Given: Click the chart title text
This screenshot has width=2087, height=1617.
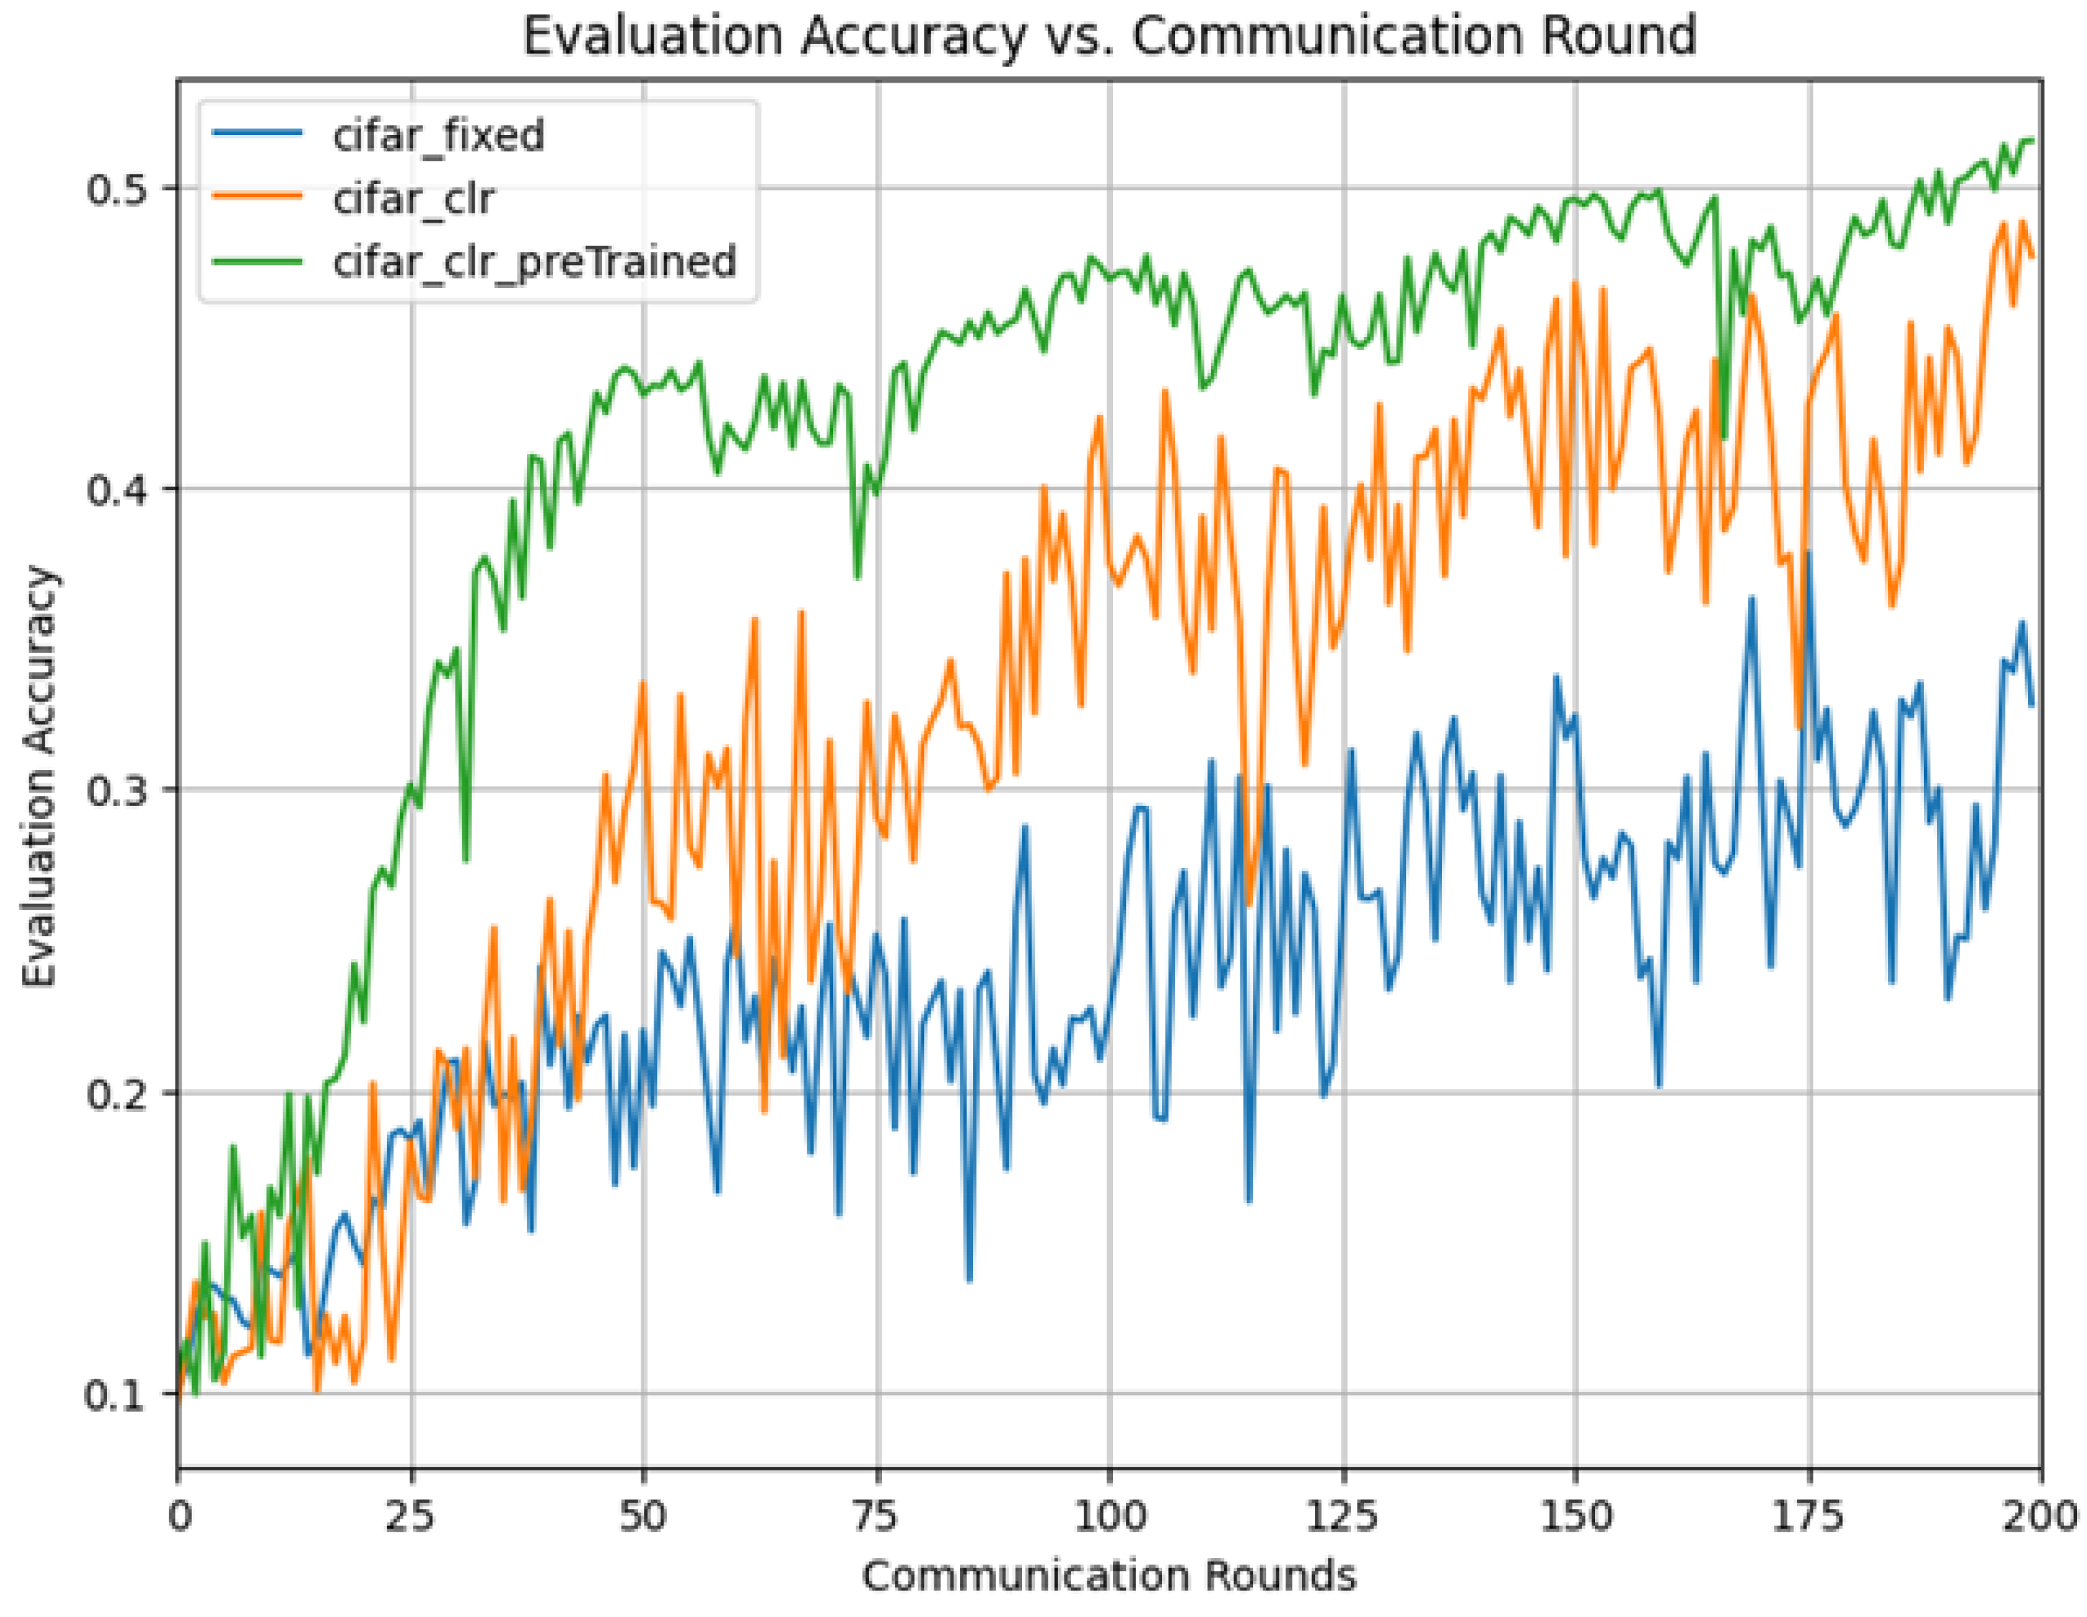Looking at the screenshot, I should click(x=1108, y=37).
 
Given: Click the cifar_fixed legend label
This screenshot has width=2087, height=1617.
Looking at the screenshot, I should click(x=439, y=136).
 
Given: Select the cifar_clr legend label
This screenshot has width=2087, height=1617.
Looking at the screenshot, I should click(x=414, y=199).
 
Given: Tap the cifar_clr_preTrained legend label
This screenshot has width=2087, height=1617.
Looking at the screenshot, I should click(x=534, y=261).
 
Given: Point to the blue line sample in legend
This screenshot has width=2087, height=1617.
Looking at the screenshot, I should click(x=258, y=133).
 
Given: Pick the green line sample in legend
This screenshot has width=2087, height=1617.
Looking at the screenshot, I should click(x=258, y=259).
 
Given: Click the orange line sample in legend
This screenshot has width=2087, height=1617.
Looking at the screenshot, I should click(x=258, y=196).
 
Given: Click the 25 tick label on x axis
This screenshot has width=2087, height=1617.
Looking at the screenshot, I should click(x=412, y=1516).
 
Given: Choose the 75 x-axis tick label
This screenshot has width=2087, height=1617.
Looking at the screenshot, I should click(x=876, y=1516).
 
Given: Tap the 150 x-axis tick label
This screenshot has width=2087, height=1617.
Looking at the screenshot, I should click(x=1575, y=1516).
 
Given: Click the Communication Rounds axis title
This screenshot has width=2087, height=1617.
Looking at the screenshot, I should click(x=1108, y=1575).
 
